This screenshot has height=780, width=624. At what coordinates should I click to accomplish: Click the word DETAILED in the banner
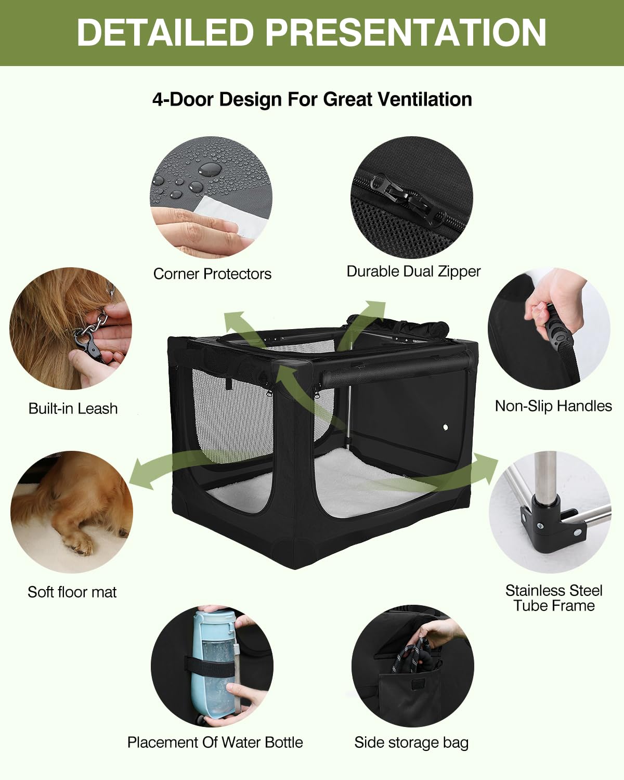pyautogui.click(x=165, y=32)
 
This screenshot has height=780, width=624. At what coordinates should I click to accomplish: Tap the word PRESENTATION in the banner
pyautogui.click(x=406, y=32)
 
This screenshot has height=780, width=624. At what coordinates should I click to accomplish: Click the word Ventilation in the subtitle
pyautogui.click(x=423, y=99)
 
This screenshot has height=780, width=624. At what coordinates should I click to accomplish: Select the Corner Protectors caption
pyautogui.click(x=212, y=274)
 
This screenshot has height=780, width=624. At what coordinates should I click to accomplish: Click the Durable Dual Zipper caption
pyautogui.click(x=413, y=271)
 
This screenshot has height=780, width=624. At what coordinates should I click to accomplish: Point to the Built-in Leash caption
pyautogui.click(x=73, y=409)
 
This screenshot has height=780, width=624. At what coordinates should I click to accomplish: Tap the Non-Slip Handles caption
pyautogui.click(x=553, y=406)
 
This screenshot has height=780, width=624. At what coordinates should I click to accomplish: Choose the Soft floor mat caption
pyautogui.click(x=72, y=592)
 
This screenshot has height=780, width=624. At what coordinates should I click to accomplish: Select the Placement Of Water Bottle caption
pyautogui.click(x=215, y=743)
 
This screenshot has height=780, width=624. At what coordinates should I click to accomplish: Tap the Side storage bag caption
pyautogui.click(x=411, y=743)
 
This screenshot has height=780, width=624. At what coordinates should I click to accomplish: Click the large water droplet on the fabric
pyautogui.click(x=210, y=168)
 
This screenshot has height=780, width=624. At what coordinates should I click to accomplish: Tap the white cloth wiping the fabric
pyautogui.click(x=232, y=216)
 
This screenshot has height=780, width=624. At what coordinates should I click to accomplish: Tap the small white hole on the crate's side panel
pyautogui.click(x=446, y=427)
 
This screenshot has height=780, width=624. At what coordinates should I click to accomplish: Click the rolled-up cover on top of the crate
pyautogui.click(x=398, y=324)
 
